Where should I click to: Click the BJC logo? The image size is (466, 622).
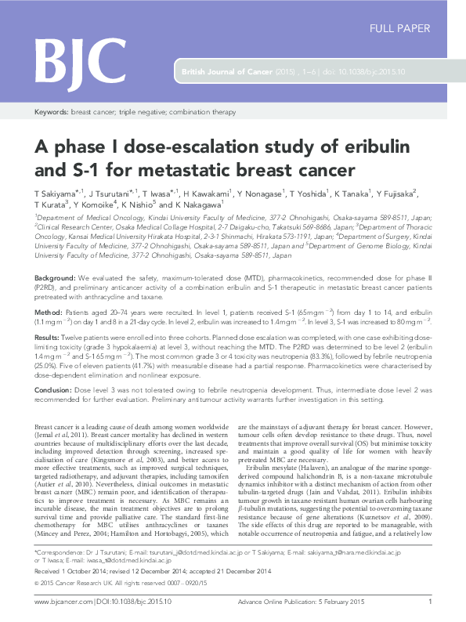pyautogui.click(x=70, y=56)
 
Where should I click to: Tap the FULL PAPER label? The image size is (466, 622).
pyautogui.click(x=399, y=29)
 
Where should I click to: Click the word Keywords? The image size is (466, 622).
pyautogui.click(x=51, y=113)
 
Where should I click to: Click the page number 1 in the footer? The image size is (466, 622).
pyautogui.click(x=430, y=602)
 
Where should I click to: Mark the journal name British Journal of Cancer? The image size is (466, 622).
pyautogui.click(x=226, y=72)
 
